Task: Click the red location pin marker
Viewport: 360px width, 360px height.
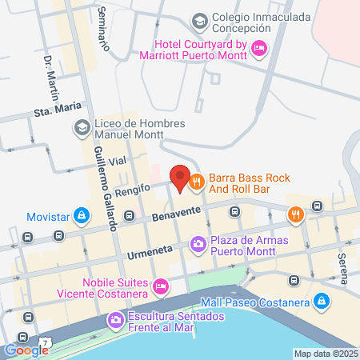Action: (179, 178)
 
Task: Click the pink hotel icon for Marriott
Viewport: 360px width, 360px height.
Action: (258, 49)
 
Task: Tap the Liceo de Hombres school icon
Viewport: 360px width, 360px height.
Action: (82, 127)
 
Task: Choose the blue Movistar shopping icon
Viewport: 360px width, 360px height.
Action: (81, 216)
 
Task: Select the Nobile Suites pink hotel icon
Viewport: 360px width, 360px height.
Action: (161, 286)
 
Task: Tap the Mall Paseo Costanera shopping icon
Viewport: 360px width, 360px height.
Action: (321, 301)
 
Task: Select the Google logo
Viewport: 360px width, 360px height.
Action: (26, 350)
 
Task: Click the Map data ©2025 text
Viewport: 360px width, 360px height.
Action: (325, 354)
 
